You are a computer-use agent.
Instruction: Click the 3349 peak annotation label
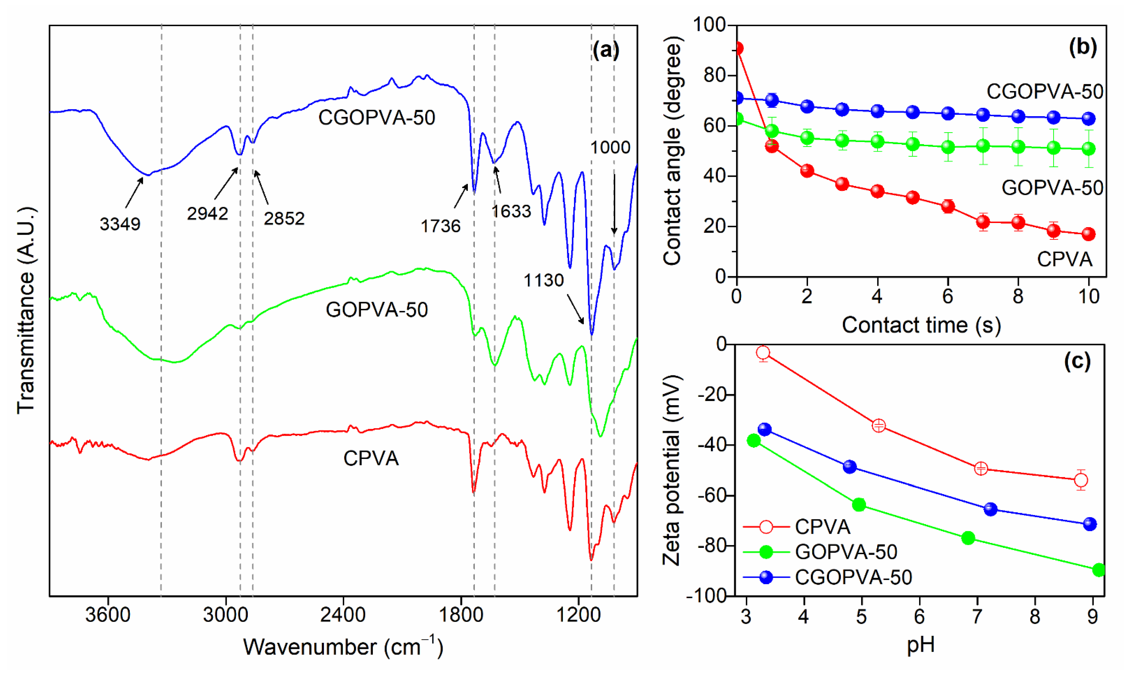120,224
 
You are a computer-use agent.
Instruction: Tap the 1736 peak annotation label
440,226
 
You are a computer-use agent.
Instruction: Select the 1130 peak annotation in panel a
544,280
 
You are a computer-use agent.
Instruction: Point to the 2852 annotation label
284,219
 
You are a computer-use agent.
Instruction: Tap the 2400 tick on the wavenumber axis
343,615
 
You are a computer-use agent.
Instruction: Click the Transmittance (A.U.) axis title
26,311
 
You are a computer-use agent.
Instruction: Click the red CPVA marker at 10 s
1088,234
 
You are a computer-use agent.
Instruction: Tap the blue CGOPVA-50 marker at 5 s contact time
912,112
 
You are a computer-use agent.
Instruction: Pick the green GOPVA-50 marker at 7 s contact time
983,146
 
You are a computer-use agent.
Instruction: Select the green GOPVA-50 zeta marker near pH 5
859,505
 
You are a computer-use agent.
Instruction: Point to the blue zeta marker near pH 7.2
990,509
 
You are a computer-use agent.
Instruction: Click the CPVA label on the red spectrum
371,459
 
